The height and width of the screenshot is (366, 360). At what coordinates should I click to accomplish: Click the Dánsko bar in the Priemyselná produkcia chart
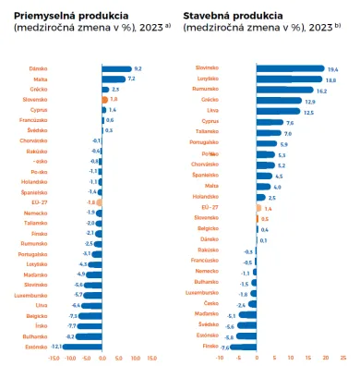coord(115,68)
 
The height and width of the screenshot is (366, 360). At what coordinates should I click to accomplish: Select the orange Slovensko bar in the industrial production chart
coord(104,99)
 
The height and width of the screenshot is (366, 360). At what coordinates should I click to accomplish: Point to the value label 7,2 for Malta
coord(132,79)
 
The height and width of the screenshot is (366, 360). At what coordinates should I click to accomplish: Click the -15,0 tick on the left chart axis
coord(54,359)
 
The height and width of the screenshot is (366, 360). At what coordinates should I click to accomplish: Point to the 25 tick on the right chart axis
coord(343,359)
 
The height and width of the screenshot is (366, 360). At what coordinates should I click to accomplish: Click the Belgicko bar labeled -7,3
coord(90,315)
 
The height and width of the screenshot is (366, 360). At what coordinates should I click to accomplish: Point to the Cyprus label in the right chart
coord(210,122)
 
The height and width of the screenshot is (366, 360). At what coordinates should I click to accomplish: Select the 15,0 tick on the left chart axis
coord(152,359)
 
